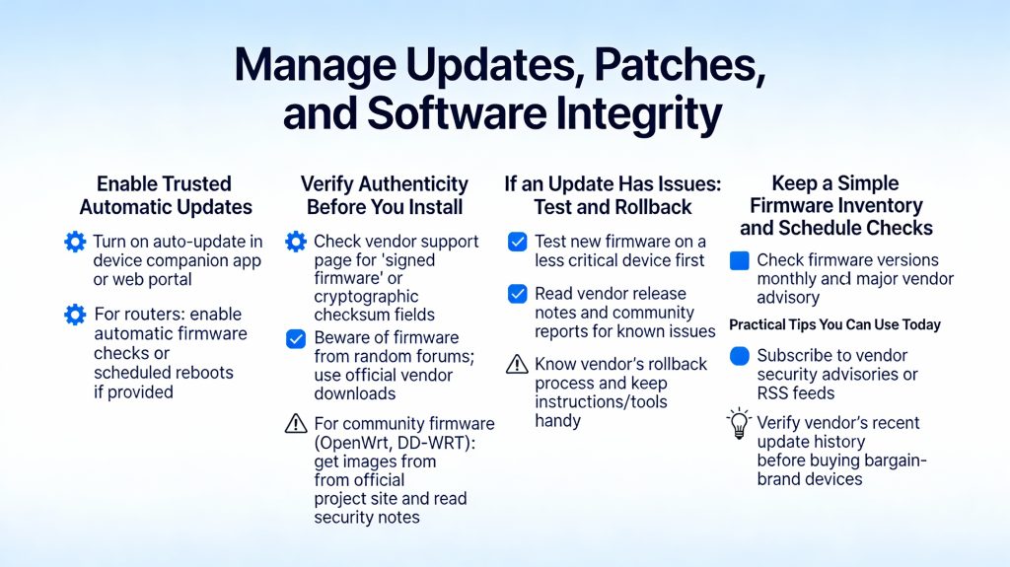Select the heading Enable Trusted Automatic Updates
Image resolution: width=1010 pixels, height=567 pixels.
166,195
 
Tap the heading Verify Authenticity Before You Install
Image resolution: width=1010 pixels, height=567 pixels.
385,195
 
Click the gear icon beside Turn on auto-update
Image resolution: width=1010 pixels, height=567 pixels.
75,242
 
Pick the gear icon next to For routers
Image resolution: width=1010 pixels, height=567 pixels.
75,315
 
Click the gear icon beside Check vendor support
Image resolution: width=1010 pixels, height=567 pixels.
295,242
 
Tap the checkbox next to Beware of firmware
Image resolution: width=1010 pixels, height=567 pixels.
295,338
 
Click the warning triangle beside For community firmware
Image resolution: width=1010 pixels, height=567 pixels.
295,424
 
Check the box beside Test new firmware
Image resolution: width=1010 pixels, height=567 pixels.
517,242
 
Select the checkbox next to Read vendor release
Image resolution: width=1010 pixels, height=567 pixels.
517,294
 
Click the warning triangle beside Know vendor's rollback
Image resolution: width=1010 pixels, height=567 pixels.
517,364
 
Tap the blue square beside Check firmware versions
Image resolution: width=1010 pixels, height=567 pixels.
739,261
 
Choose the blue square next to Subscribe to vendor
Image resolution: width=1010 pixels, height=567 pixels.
739,356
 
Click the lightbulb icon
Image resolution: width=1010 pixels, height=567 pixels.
739,424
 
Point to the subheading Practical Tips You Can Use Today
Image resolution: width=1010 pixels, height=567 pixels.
834,324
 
